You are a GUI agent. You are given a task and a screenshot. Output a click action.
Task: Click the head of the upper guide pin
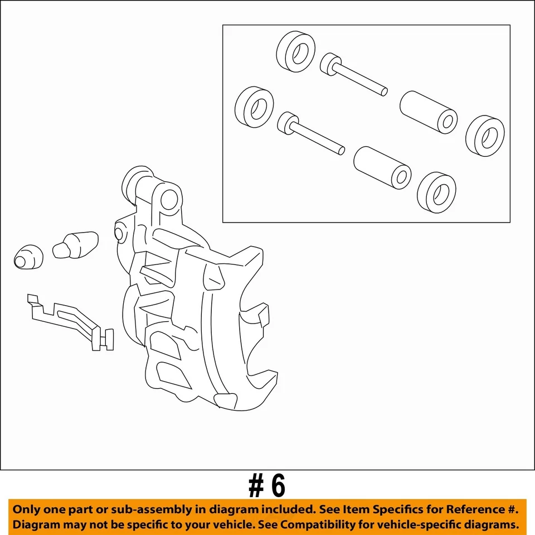click(330, 64)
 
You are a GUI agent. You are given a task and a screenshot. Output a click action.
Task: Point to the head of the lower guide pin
click(288, 123)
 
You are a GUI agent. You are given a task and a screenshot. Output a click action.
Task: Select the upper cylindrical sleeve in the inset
click(429, 112)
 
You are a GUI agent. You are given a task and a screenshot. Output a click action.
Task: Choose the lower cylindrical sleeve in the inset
click(382, 168)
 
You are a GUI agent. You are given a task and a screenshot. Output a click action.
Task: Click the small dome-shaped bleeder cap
click(28, 257)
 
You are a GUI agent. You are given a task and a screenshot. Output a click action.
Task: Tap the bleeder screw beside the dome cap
click(75, 245)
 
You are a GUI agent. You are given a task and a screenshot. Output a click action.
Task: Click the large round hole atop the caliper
click(169, 200)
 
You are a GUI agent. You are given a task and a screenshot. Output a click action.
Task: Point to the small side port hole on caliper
click(118, 234)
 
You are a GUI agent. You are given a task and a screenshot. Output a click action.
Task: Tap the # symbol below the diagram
click(256, 486)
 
